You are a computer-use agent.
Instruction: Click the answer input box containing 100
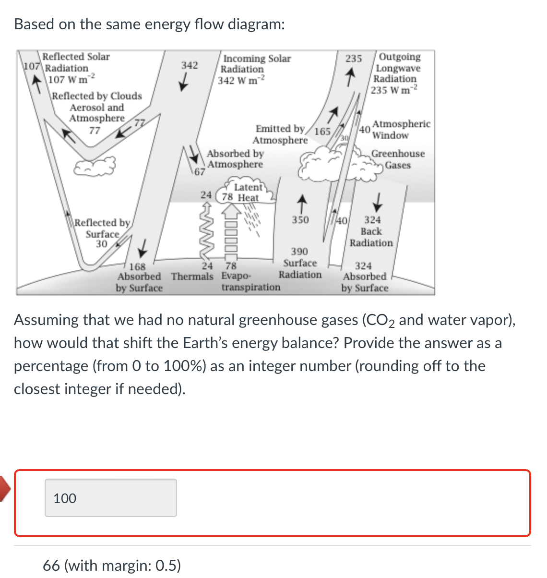click(x=110, y=498)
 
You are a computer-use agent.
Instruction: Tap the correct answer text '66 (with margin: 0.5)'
click(x=112, y=565)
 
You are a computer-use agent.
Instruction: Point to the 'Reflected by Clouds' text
click(x=97, y=96)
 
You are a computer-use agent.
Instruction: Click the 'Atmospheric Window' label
click(x=401, y=130)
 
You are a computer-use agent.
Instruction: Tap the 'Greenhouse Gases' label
click(x=398, y=159)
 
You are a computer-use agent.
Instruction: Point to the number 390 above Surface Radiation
click(x=299, y=252)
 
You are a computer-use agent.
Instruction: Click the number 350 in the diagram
click(x=300, y=220)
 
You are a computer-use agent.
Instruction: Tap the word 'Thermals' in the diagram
click(x=192, y=277)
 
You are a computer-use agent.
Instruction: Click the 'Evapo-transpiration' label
click(x=250, y=282)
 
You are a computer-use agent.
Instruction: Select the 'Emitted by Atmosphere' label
click(x=280, y=134)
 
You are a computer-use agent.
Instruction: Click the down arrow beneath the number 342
click(x=183, y=84)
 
